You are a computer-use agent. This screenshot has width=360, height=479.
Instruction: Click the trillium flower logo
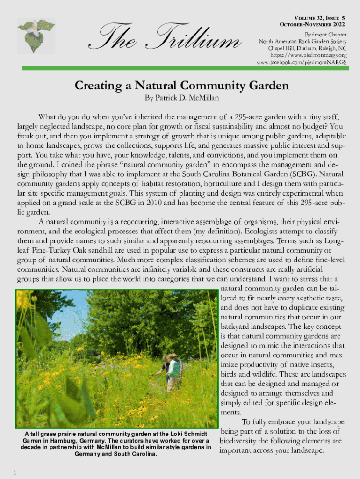tap(36, 36)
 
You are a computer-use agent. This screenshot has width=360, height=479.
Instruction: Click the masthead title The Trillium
tap(166, 38)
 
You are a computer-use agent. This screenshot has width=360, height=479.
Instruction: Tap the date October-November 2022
tap(312, 24)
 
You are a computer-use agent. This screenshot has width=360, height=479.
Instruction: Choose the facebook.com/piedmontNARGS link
tap(302, 62)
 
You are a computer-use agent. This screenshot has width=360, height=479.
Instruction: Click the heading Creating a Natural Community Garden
tap(182, 86)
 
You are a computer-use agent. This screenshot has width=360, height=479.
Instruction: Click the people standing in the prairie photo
tap(171, 370)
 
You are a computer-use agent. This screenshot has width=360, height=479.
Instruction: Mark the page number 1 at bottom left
tap(15, 472)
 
